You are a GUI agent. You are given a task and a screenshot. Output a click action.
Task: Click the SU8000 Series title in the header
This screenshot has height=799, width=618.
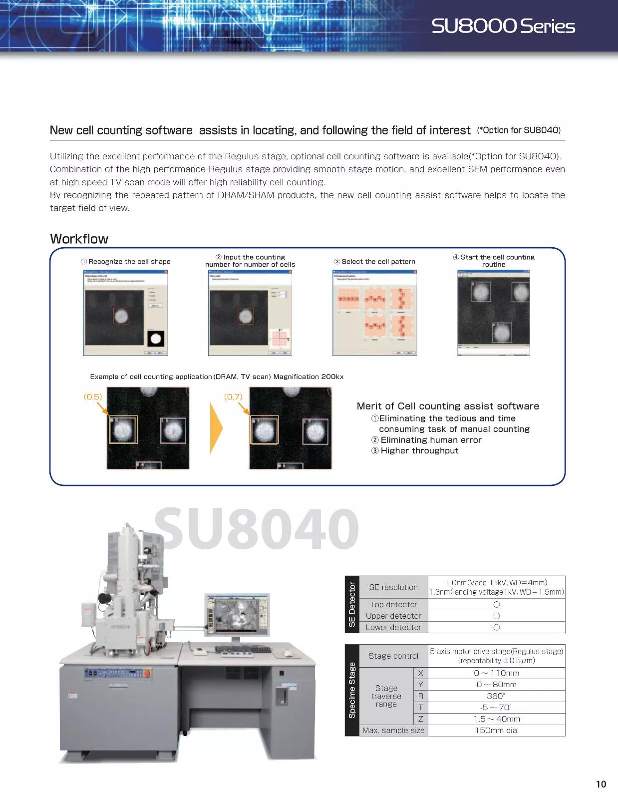(x=503, y=26)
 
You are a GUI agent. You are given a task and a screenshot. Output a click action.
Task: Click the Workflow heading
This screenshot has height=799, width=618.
(x=79, y=239)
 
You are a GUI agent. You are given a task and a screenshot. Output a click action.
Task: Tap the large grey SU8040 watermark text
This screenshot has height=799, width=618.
(x=257, y=528)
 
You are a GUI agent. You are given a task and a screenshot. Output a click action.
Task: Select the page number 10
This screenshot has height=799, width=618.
(x=601, y=784)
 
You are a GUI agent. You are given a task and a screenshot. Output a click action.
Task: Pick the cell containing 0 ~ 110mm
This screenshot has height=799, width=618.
(x=496, y=673)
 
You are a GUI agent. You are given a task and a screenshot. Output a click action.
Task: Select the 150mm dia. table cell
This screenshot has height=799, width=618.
(x=496, y=730)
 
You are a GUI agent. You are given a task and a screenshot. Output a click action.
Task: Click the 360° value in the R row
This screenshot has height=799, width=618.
(x=496, y=696)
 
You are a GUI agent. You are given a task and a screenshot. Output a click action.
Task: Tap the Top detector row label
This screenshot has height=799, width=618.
(x=393, y=604)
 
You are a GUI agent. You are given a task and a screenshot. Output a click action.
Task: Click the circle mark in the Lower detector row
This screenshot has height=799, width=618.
(x=496, y=627)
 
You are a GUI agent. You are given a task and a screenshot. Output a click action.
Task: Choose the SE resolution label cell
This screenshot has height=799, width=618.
(x=393, y=587)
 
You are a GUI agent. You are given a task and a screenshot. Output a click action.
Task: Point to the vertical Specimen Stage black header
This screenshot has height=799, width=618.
(x=352, y=690)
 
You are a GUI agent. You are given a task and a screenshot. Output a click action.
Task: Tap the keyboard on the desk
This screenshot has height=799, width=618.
(x=243, y=649)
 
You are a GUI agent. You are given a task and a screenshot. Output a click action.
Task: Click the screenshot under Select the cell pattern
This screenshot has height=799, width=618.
(x=374, y=313)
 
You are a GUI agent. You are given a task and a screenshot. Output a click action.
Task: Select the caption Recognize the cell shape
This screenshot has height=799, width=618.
(x=126, y=261)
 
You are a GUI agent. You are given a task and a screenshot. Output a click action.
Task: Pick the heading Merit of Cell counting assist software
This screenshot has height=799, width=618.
(x=448, y=406)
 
